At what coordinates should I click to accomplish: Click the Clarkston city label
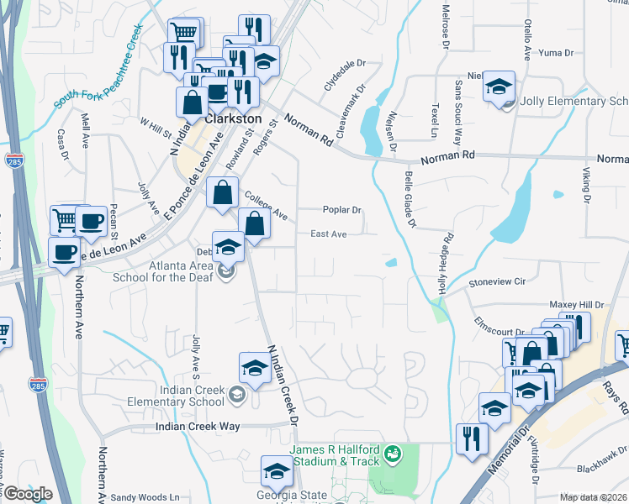coord(231,118)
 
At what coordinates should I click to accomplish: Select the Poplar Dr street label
coord(341,210)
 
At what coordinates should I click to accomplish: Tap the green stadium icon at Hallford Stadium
coord(390,454)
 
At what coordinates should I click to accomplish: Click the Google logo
coord(28,494)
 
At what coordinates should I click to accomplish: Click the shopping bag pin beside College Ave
coord(221,192)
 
